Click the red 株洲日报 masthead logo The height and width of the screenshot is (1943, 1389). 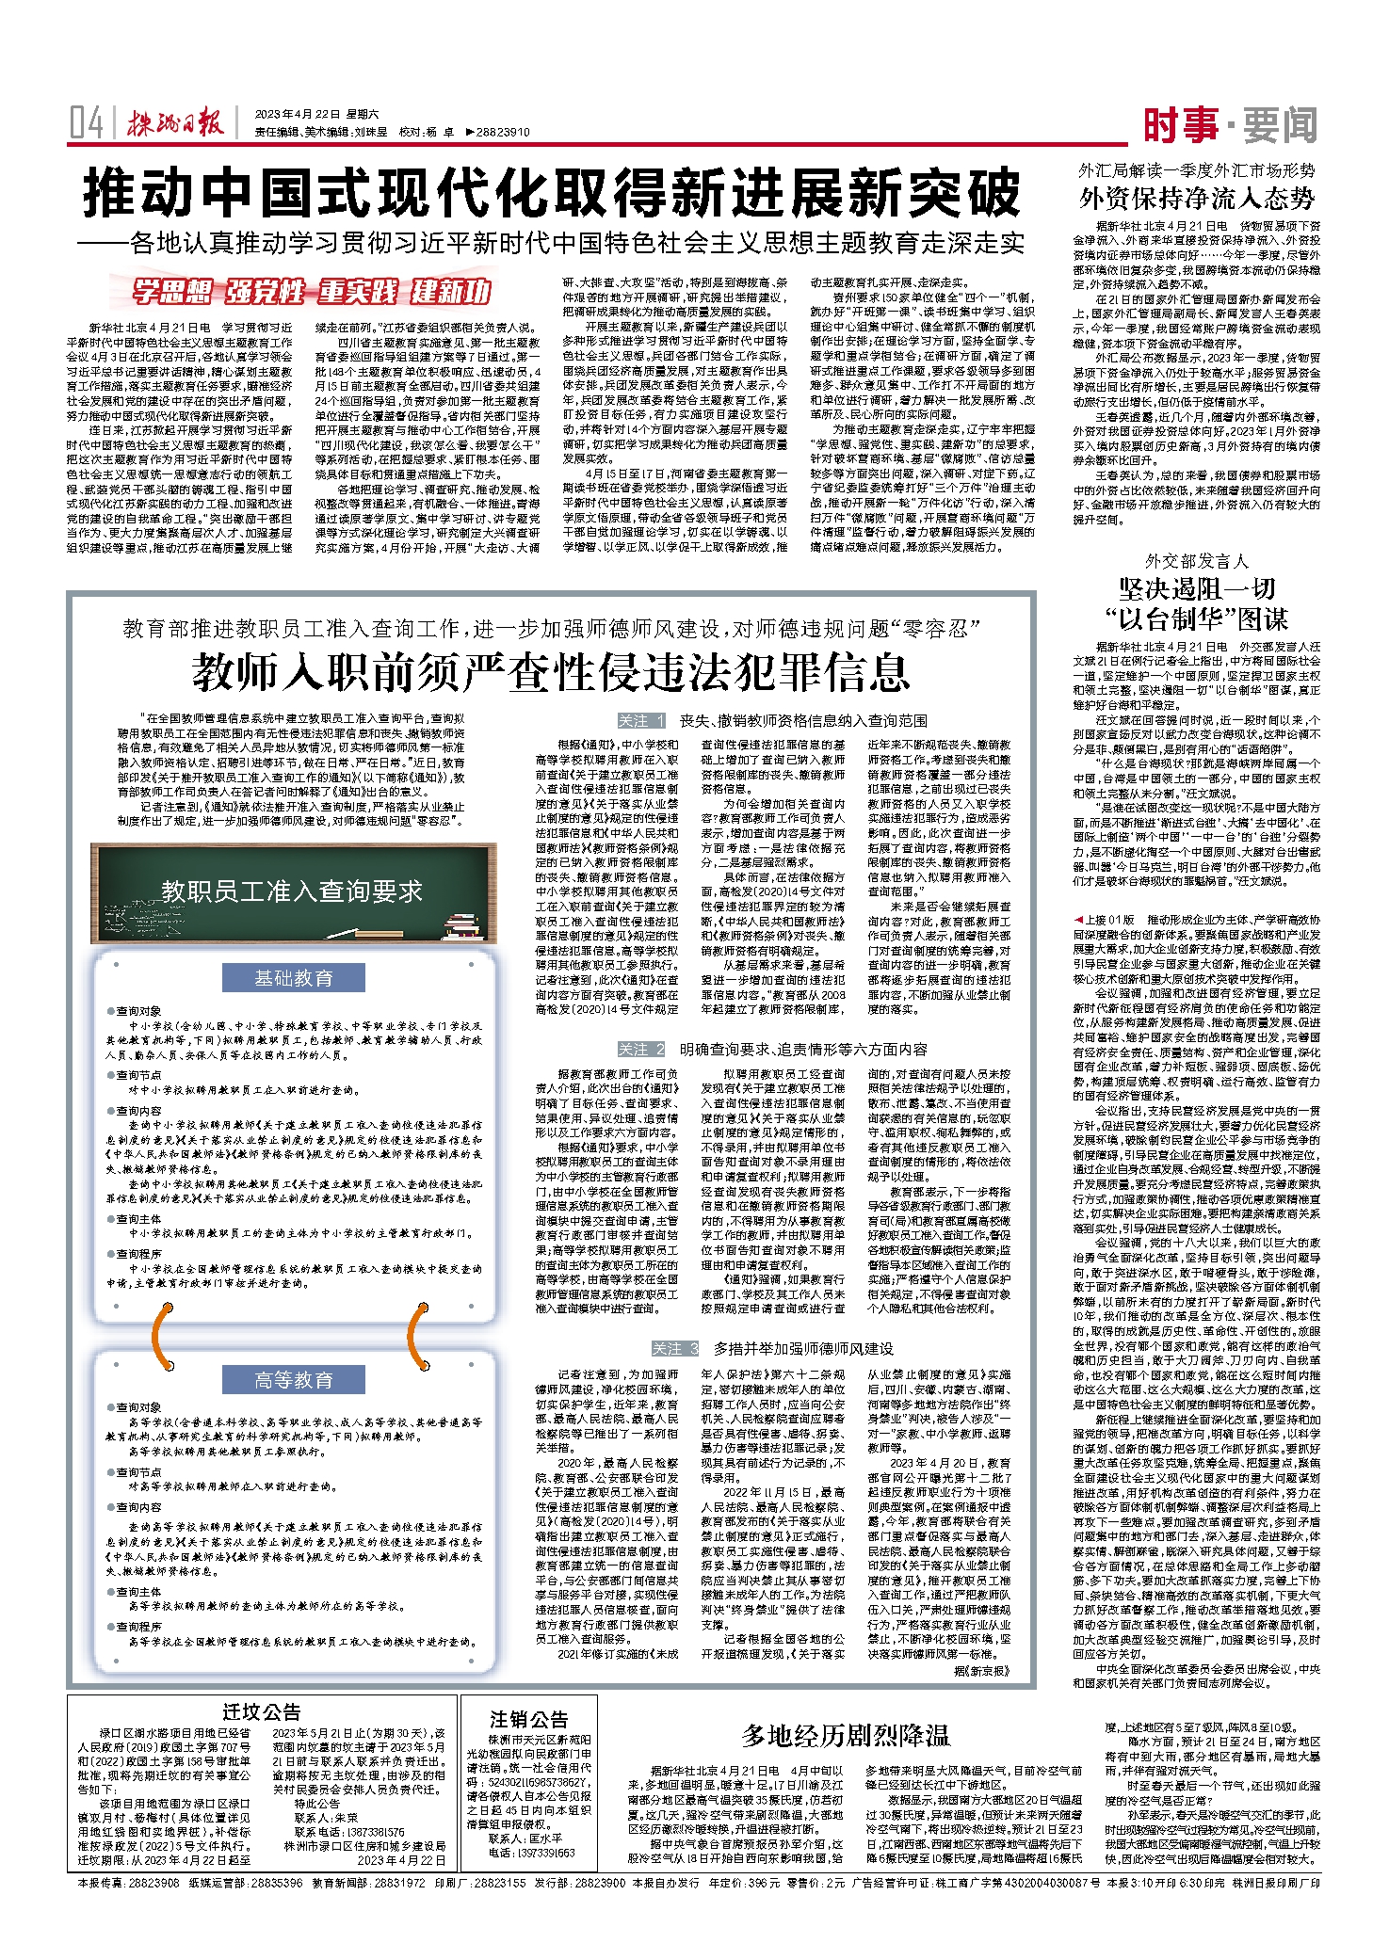coord(176,123)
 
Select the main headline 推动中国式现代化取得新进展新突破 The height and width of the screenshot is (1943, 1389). coord(552,193)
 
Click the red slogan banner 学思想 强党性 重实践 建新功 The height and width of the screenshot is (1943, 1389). coord(311,292)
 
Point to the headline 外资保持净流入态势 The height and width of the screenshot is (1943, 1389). coord(1196,198)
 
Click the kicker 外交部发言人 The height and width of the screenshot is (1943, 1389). coord(1196,561)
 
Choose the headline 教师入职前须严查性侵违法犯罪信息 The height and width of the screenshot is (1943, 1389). coord(551,671)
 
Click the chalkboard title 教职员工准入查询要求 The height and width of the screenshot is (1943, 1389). coord(292,891)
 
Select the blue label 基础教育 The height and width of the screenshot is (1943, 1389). coord(293,978)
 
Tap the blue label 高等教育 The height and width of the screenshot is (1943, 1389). coord(293,1380)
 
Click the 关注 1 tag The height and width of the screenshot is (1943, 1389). coord(640,721)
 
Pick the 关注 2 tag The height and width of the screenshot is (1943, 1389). coord(640,1050)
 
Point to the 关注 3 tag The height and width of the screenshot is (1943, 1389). coord(675,1349)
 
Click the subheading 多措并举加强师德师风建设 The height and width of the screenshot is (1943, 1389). coord(802,1349)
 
